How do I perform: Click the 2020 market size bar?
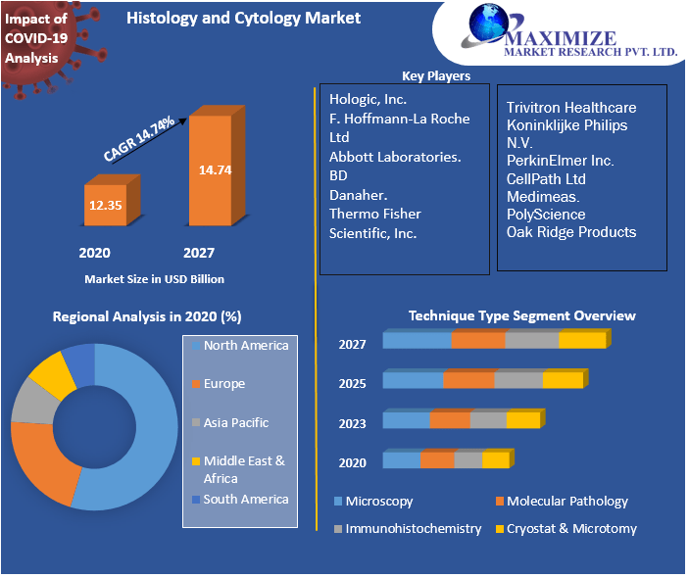tap(104, 206)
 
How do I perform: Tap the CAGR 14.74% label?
tap(140, 138)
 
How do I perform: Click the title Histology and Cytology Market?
tap(243, 18)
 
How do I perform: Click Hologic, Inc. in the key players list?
tap(369, 99)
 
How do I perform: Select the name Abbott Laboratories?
tap(395, 157)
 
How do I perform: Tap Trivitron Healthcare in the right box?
tap(571, 108)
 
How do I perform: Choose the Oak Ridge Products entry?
tap(571, 232)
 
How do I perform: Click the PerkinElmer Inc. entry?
tap(560, 161)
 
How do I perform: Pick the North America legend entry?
tap(245, 346)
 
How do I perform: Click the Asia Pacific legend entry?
tap(235, 423)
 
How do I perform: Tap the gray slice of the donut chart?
tap(32, 399)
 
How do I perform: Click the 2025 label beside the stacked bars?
tap(352, 383)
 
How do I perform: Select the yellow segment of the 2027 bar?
tap(582, 341)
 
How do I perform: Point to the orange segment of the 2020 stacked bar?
tap(437, 460)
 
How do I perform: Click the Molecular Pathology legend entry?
tap(566, 502)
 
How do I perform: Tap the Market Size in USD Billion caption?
tap(154, 279)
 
